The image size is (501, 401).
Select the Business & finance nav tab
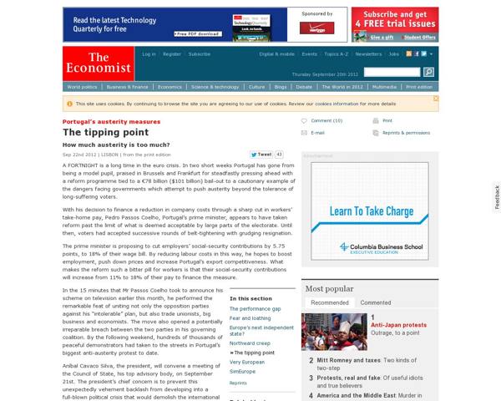click(127, 86)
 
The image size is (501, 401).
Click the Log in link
click(149, 53)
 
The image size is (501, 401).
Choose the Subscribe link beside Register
click(200, 53)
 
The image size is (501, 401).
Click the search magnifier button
click(428, 72)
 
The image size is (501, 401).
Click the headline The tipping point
click(95, 132)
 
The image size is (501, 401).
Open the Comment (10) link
click(326, 120)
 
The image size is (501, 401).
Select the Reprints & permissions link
click(406, 133)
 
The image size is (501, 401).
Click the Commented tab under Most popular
click(375, 302)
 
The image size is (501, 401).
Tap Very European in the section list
click(248, 361)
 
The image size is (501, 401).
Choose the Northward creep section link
click(250, 343)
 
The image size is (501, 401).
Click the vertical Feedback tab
click(496, 198)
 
